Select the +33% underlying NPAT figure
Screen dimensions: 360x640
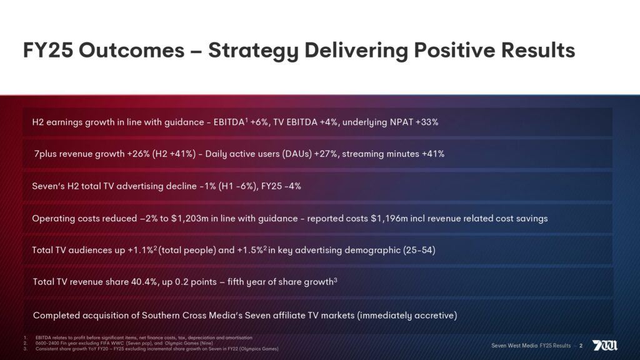426,122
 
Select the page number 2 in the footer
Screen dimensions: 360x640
581,346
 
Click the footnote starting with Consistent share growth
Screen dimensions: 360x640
156,349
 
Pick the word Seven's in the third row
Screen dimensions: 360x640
47,186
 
